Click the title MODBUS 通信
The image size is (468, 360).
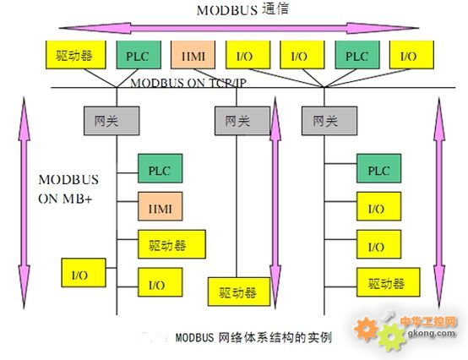tap(242, 9)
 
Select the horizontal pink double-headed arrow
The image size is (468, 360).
tap(239, 29)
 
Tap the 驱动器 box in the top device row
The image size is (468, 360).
tap(76, 55)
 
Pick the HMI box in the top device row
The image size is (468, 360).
tap(193, 55)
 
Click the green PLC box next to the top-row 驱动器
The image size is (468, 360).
tap(139, 55)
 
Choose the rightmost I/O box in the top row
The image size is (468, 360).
tap(411, 55)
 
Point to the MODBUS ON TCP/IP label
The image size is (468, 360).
tap(188, 83)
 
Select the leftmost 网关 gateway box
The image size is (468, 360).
tap(112, 121)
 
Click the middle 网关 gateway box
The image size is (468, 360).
tap(242, 121)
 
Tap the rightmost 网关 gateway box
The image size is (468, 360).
tap(329, 121)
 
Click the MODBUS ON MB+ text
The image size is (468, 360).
tap(68, 189)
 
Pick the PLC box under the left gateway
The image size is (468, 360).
tap(161, 168)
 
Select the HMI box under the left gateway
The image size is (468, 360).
tap(161, 206)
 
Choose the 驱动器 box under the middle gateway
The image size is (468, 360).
tap(239, 292)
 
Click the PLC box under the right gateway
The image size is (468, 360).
tap(378, 168)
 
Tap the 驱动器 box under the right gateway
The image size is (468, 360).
tap(389, 282)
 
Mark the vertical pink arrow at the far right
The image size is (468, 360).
tap(439, 202)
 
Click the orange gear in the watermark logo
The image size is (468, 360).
tap(366, 329)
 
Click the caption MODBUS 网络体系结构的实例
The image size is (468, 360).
tap(253, 338)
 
